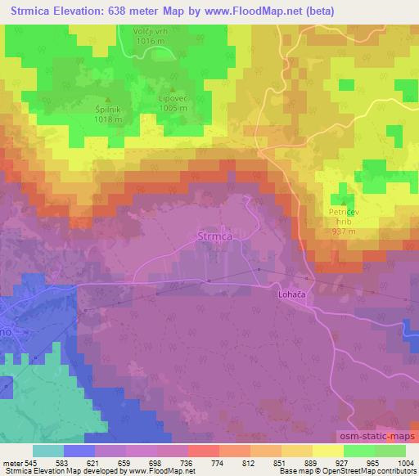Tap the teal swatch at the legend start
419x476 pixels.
tap(47, 451)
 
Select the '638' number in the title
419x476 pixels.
tap(110, 11)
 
